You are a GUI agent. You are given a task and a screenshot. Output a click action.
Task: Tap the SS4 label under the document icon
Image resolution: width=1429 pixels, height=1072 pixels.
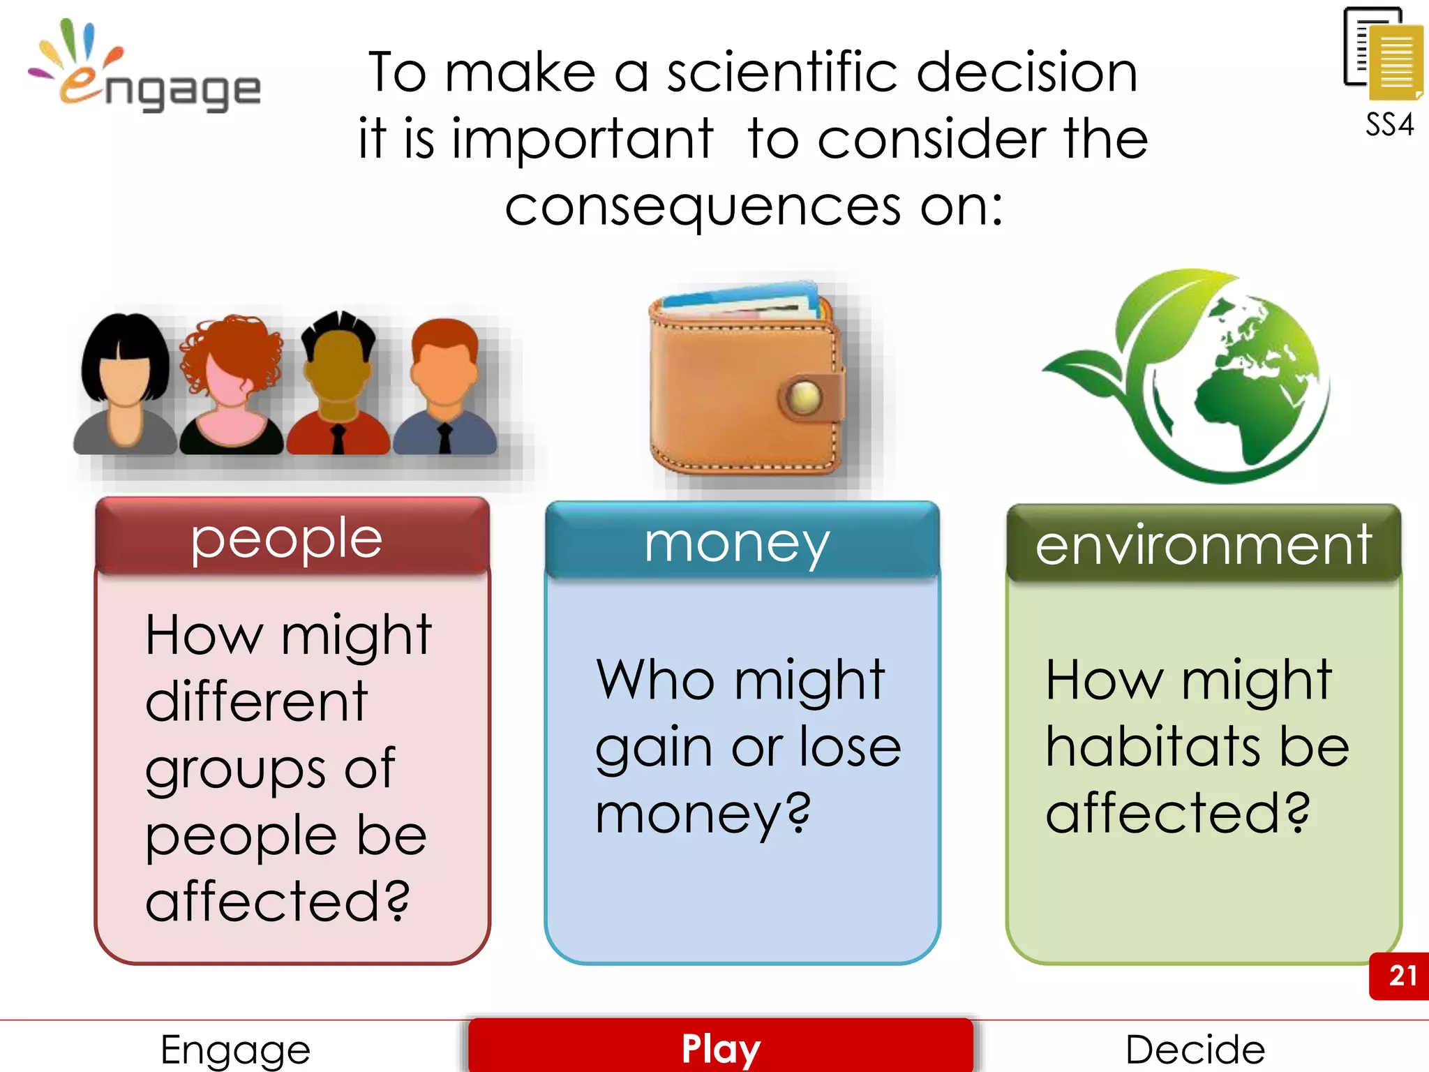point(1389,125)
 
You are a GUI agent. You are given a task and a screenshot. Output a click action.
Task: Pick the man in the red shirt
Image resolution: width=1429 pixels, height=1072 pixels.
point(338,387)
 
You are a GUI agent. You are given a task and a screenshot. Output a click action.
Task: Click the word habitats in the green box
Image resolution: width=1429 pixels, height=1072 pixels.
point(1151,747)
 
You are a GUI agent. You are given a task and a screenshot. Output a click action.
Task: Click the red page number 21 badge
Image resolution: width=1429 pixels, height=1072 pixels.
point(1401,975)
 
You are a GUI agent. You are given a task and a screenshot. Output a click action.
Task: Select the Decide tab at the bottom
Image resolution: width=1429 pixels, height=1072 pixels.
point(1195,1048)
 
